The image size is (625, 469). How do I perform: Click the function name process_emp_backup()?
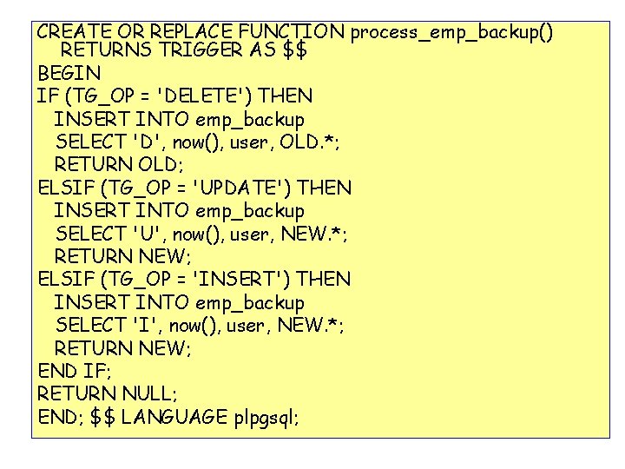point(452,33)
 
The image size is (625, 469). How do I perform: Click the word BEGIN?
point(69,73)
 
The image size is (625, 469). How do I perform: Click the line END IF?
point(74,372)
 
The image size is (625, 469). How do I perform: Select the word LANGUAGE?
point(174,418)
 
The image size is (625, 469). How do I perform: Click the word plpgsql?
point(266,419)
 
